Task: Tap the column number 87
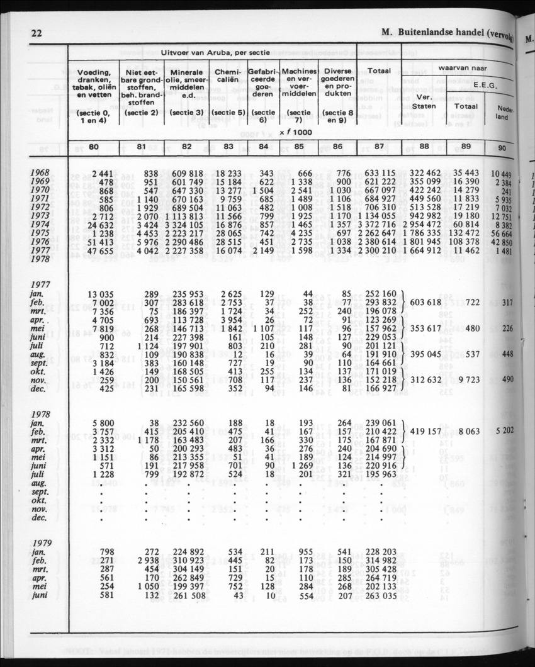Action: point(379,147)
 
